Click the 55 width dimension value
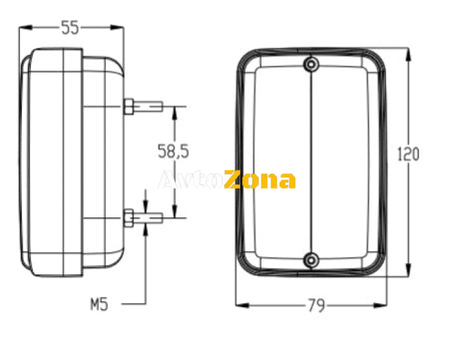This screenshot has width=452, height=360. tap(70, 28)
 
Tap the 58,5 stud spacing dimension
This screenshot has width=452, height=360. tap(173, 151)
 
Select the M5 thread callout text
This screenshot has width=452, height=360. tap(99, 304)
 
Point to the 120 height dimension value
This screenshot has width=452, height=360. tap(408, 154)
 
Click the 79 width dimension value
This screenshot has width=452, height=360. tap(316, 305)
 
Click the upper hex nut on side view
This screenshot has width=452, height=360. tap(128, 106)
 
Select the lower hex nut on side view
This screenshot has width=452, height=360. tap(128, 218)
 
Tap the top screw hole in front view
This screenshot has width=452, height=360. tap(311, 64)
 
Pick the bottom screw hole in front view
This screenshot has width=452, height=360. tap(311, 261)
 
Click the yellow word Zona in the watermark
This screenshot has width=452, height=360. tap(260, 179)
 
